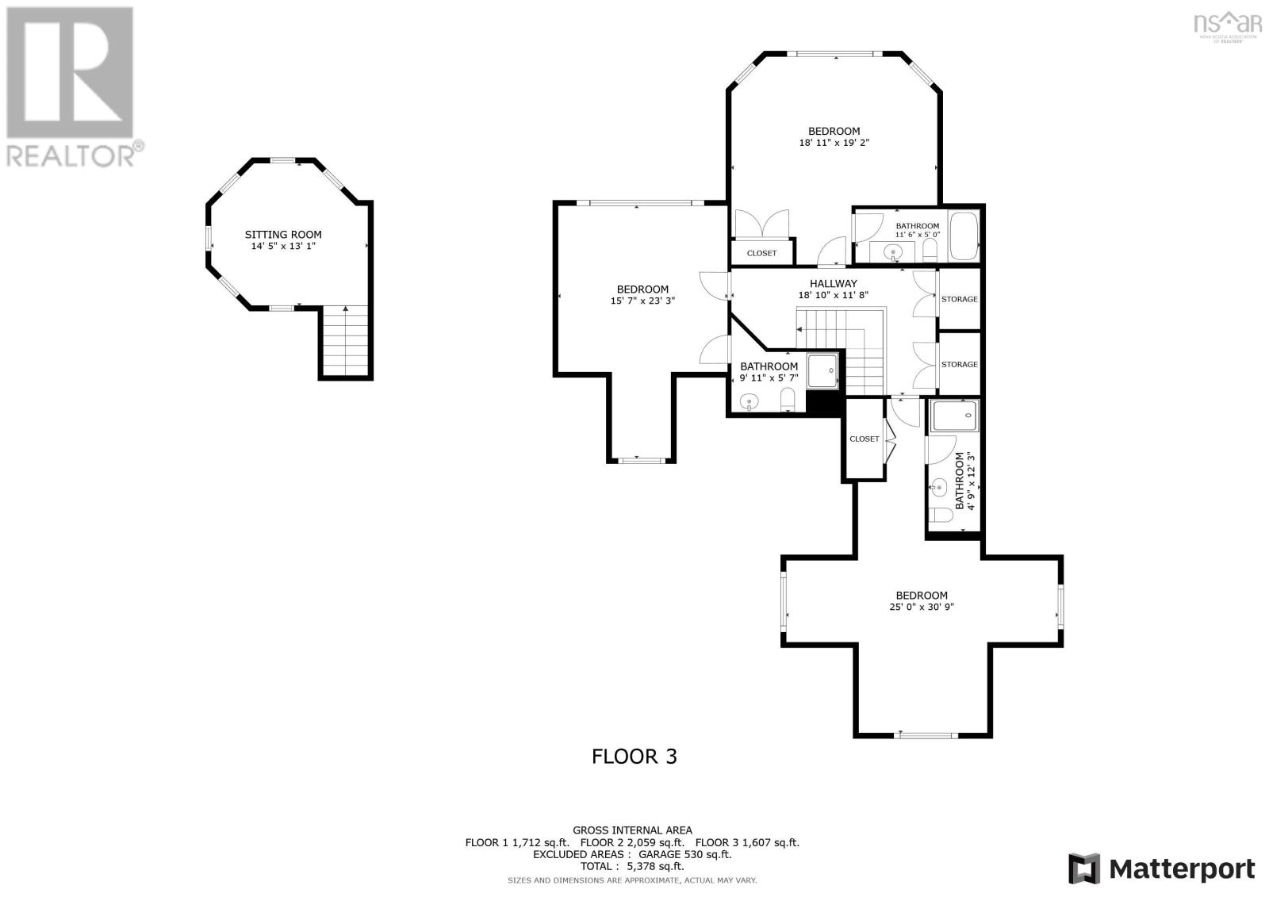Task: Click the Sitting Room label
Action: point(283,235)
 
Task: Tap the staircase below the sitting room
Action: point(345,342)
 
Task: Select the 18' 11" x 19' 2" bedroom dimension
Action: point(834,144)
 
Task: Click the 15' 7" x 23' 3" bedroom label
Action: point(642,289)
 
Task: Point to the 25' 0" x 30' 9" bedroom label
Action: point(922,596)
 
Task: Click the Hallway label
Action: point(833,284)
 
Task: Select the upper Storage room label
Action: point(959,299)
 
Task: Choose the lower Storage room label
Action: point(959,364)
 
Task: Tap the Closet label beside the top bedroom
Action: point(761,253)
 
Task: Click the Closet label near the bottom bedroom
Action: point(864,439)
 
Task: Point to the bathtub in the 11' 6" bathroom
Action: point(964,236)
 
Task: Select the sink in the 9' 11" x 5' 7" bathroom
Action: point(748,404)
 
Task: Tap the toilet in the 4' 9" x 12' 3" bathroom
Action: point(941,516)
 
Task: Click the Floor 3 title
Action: point(634,756)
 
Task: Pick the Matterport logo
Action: point(1162,868)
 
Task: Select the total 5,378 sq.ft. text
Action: point(632,867)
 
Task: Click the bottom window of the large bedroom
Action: point(921,735)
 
